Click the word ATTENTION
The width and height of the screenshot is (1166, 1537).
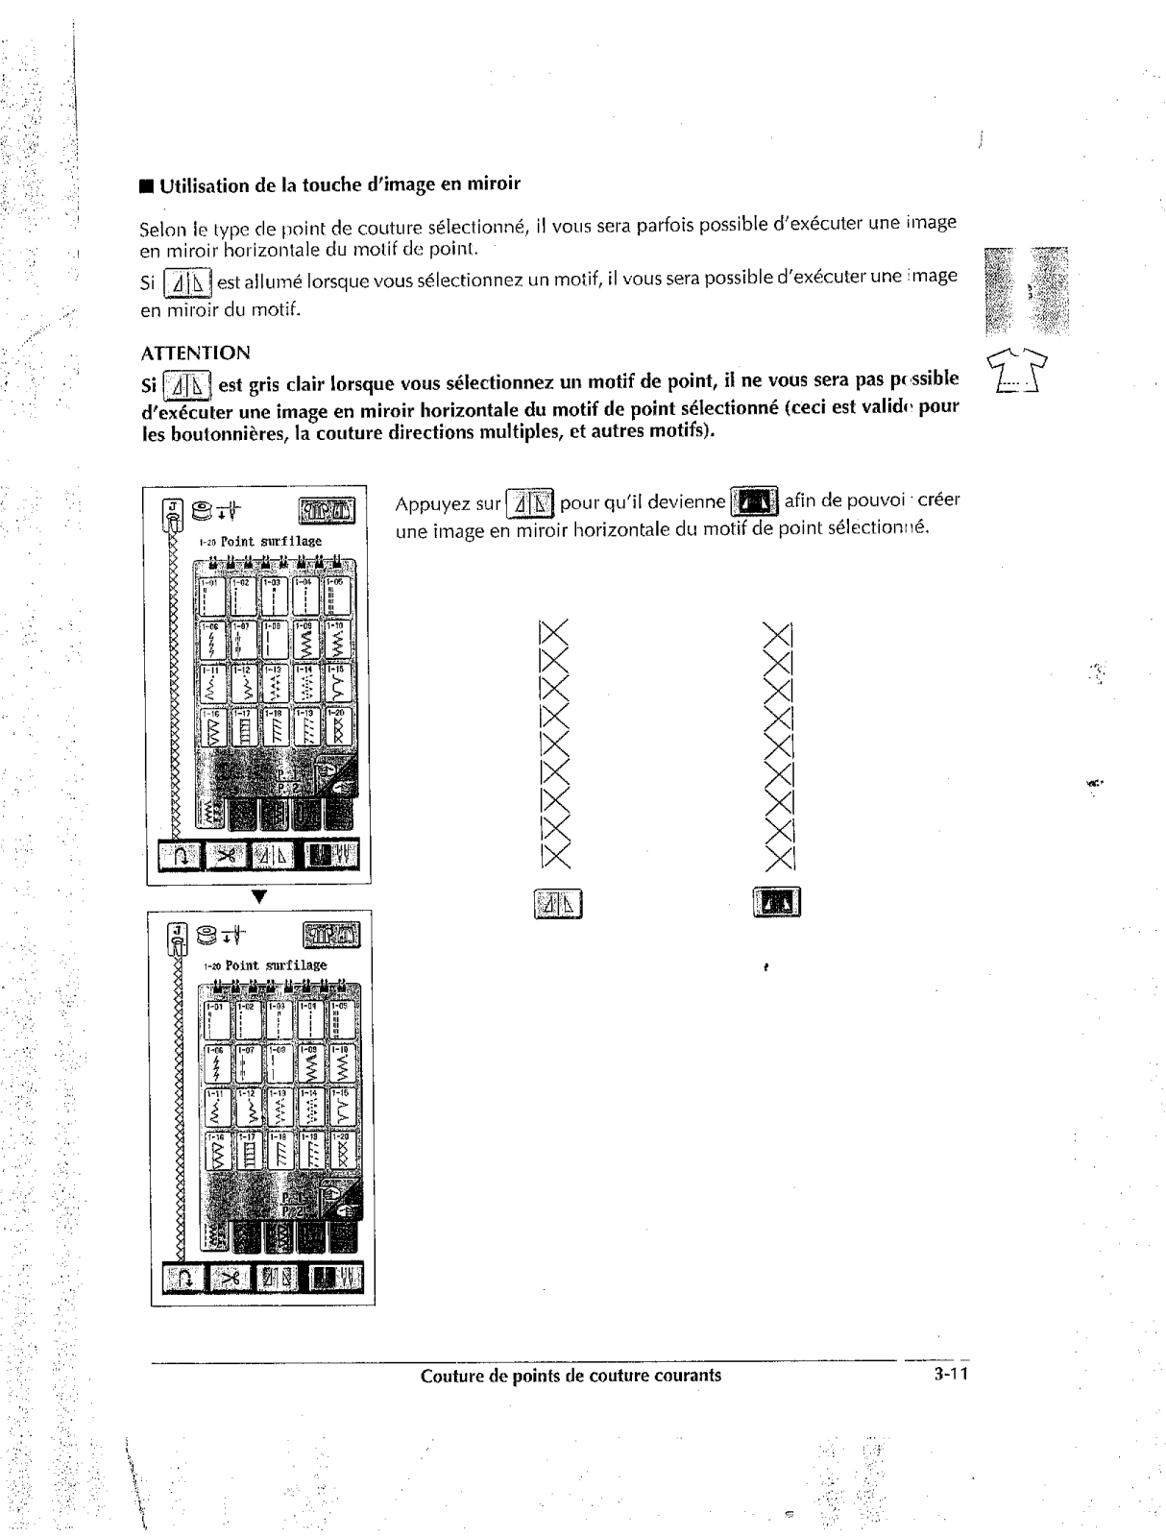pyautogui.click(x=195, y=353)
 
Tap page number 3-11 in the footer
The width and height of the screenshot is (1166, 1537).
pyautogui.click(x=951, y=1375)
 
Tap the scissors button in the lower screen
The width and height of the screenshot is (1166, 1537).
pyautogui.click(x=231, y=1278)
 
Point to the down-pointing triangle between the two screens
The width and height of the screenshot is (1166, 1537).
pyautogui.click(x=258, y=896)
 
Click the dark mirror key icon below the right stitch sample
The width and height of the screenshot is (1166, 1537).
pyautogui.click(x=777, y=904)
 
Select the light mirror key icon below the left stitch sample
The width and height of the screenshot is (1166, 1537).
pyautogui.click(x=557, y=904)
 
